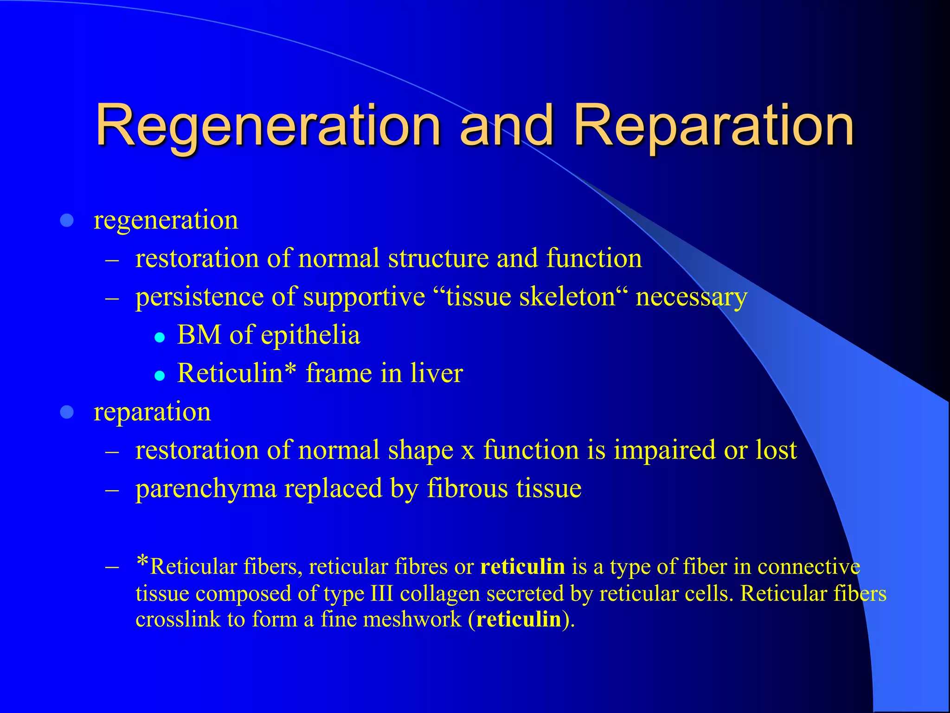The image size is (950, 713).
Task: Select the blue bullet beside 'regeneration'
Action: [x=67, y=220]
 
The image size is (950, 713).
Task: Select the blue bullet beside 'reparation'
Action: [x=67, y=412]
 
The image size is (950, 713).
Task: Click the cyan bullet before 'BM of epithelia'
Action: [x=160, y=337]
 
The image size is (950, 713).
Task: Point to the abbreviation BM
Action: [x=199, y=335]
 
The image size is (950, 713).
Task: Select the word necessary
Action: [x=691, y=298]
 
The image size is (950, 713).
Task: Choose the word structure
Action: [x=438, y=258]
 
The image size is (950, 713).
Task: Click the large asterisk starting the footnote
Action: [x=142, y=563]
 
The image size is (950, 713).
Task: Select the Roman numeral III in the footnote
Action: [x=382, y=593]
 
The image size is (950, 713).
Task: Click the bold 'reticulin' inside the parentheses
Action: [x=519, y=619]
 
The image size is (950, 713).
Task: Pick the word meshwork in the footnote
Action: [x=412, y=619]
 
